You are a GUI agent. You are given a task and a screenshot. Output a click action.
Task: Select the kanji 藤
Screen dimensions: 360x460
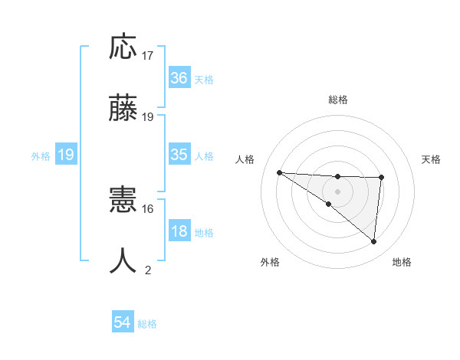(124, 108)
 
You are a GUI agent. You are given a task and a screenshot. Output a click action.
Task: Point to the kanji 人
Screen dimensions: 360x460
(124, 260)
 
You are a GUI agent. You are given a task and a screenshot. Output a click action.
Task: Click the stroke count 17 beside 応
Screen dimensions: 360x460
(148, 56)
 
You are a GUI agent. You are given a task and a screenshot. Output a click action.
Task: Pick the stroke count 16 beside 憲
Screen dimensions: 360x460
(148, 208)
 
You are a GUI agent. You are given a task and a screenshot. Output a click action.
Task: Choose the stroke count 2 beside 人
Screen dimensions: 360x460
(148, 270)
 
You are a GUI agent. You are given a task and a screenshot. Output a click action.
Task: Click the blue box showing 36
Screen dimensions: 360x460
(179, 77)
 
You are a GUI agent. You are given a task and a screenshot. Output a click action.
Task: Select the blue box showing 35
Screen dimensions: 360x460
(179, 155)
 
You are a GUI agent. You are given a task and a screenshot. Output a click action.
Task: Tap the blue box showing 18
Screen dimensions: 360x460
(179, 231)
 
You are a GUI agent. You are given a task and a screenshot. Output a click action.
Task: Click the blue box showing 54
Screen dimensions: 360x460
(123, 323)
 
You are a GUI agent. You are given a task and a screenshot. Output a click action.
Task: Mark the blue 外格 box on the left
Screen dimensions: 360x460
(66, 155)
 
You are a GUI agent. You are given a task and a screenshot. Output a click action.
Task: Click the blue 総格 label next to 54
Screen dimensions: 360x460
(147, 324)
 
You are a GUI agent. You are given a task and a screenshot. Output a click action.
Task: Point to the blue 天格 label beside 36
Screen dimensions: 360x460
(204, 79)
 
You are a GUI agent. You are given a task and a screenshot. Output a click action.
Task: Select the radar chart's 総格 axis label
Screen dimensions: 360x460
(337, 100)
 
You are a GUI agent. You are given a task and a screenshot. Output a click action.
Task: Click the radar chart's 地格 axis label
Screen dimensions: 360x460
(402, 262)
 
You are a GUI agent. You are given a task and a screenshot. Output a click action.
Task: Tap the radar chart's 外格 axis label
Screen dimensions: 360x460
(270, 262)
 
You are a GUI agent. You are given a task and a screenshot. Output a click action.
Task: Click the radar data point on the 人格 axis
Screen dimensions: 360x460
(279, 172)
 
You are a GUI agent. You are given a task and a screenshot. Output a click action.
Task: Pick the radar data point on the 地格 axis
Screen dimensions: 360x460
(374, 242)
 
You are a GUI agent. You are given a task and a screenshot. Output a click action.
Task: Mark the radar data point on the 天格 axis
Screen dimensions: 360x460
(382, 178)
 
